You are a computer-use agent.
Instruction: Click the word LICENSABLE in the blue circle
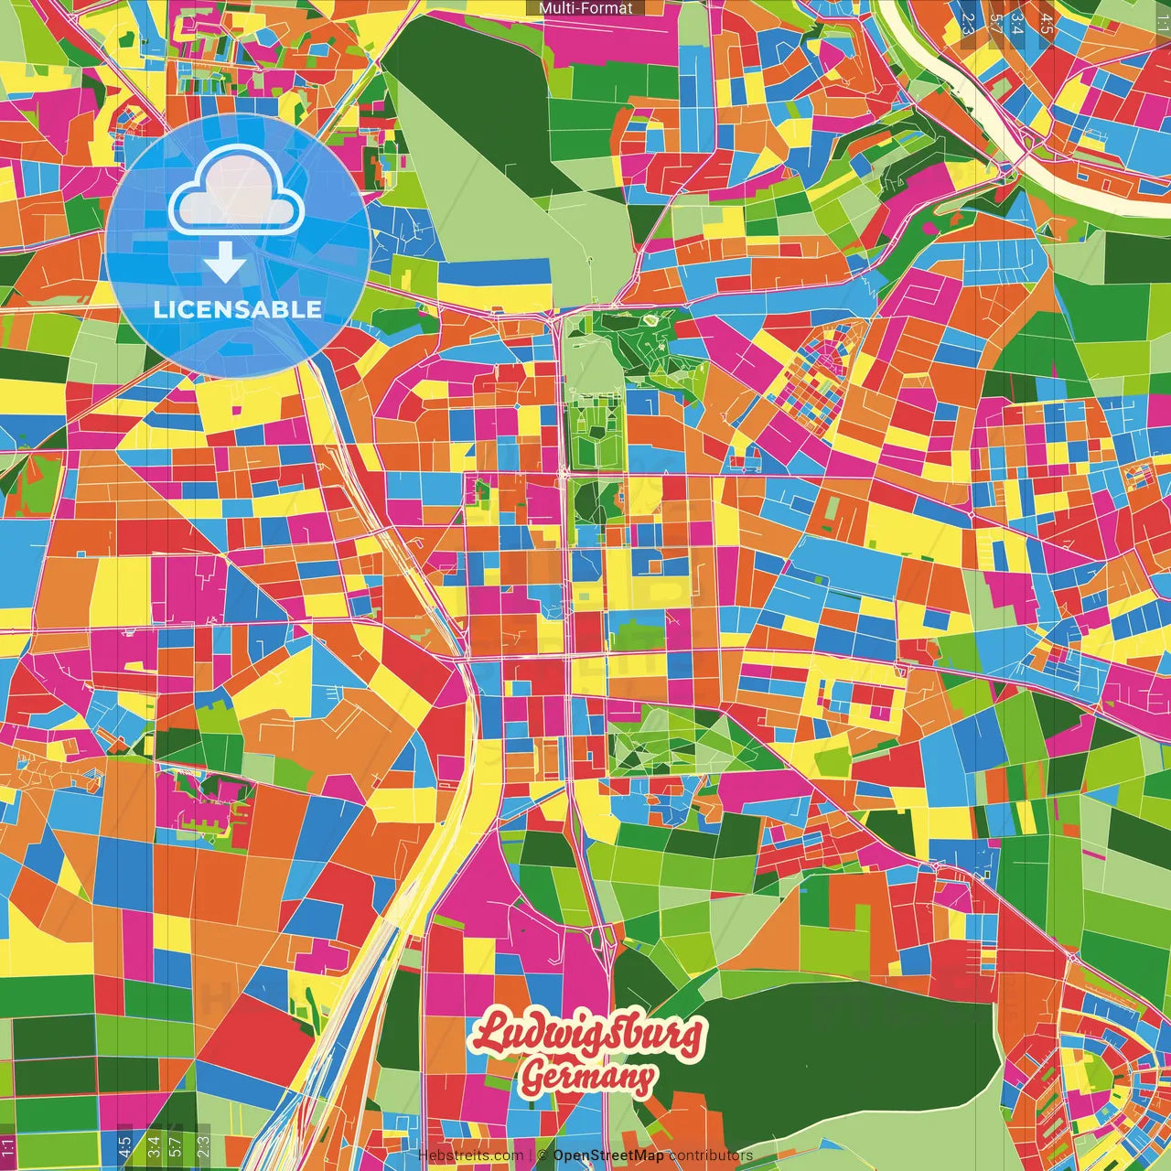(x=237, y=309)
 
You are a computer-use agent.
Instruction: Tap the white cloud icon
(x=237, y=196)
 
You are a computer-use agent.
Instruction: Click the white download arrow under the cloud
(x=225, y=263)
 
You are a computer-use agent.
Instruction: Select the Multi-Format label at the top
(x=585, y=8)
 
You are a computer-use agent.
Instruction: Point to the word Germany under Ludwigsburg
(x=587, y=1078)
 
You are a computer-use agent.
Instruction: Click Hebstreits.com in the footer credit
(x=470, y=1155)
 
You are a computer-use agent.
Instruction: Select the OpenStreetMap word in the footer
(x=608, y=1155)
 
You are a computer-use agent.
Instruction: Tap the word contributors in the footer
(x=711, y=1155)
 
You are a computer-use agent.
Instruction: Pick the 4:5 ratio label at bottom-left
(x=124, y=1145)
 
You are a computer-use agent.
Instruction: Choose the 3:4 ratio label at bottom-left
(x=154, y=1145)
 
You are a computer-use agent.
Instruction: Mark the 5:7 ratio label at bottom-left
(x=175, y=1145)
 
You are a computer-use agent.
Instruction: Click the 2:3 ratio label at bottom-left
(x=203, y=1145)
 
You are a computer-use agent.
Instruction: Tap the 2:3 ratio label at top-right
(x=967, y=23)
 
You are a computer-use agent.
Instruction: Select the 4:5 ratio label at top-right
(x=1047, y=23)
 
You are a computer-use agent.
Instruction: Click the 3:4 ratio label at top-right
(x=1016, y=23)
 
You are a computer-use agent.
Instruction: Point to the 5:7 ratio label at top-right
(x=995, y=23)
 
